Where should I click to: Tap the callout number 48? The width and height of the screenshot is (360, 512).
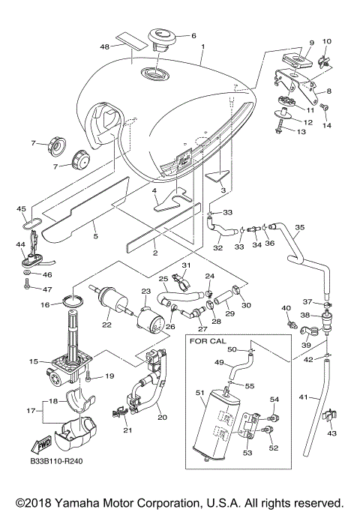(x=105, y=47)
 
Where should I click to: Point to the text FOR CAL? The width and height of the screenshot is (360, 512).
(x=208, y=341)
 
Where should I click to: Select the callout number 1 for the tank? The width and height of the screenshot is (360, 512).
(x=202, y=46)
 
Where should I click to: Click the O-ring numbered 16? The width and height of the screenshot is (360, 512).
(x=71, y=301)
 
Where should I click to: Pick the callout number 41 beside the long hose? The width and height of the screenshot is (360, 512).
(x=304, y=397)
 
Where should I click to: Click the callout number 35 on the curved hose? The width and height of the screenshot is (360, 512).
(x=300, y=227)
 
